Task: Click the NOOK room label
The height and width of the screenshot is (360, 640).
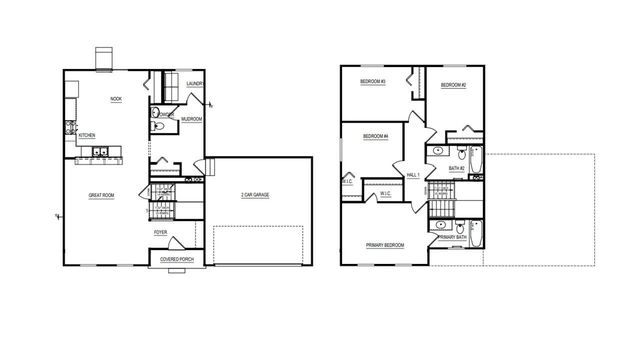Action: (116, 99)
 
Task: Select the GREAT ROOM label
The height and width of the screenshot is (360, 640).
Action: (101, 195)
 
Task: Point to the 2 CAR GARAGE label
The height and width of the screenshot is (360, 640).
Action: (255, 195)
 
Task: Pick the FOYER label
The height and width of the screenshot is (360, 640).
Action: (160, 232)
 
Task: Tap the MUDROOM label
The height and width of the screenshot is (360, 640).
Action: (192, 119)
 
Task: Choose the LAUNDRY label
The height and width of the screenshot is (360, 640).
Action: (195, 84)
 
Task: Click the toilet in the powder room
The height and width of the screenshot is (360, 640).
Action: (158, 127)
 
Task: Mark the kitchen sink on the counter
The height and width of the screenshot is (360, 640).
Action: (102, 152)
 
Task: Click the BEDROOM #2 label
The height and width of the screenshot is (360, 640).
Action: (455, 85)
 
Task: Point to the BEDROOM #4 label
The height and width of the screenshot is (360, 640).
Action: (375, 136)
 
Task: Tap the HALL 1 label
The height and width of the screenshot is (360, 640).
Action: (412, 175)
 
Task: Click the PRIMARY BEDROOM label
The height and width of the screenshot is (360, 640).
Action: (385, 245)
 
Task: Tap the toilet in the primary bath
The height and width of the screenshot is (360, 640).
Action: (459, 227)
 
